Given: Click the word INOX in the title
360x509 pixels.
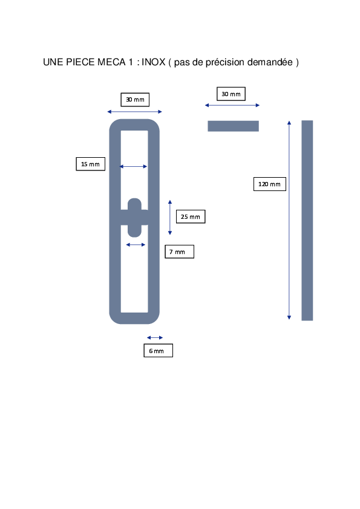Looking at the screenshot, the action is (x=153, y=62).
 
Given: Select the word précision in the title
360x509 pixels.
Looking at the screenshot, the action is (x=225, y=62).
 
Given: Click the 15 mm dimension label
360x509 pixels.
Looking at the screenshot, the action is (x=90, y=164).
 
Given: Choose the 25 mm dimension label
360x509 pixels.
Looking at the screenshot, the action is (x=191, y=216).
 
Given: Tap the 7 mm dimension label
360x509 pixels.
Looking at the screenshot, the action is (x=179, y=251).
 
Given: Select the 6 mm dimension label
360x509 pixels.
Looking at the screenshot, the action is (x=159, y=351).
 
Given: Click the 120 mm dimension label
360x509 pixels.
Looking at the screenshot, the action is (x=270, y=184).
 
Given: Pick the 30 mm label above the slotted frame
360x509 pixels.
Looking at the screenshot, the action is (x=135, y=100).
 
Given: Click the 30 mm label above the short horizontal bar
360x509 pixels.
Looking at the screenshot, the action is (x=231, y=94).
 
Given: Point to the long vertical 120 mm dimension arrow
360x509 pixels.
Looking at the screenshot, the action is (x=289, y=220).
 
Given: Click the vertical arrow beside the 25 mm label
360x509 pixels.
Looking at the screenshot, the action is (x=170, y=218).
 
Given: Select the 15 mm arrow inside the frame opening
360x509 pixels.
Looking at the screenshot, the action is (x=134, y=166).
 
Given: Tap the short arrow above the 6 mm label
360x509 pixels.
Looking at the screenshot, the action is (x=155, y=337).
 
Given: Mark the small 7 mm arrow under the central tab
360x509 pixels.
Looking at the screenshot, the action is (x=136, y=245).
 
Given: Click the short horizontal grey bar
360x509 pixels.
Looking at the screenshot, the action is (x=234, y=126).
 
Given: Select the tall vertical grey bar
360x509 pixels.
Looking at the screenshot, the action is (x=307, y=221).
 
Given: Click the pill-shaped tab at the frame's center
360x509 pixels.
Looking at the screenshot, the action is (x=134, y=218).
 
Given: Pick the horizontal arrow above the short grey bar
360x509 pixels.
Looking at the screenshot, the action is (x=232, y=105).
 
